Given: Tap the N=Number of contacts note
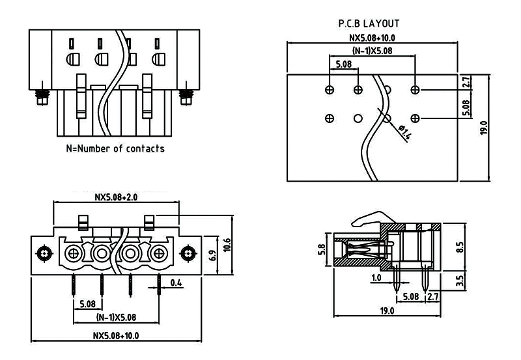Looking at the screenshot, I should point(115,148).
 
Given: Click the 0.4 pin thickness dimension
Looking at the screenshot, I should point(176,283).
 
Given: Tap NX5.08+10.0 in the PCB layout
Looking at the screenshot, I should point(373,38).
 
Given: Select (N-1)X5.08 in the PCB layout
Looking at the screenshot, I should point(373,50).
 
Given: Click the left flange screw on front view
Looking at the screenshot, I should point(44,252).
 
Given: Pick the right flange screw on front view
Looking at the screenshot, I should point(189,252).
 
